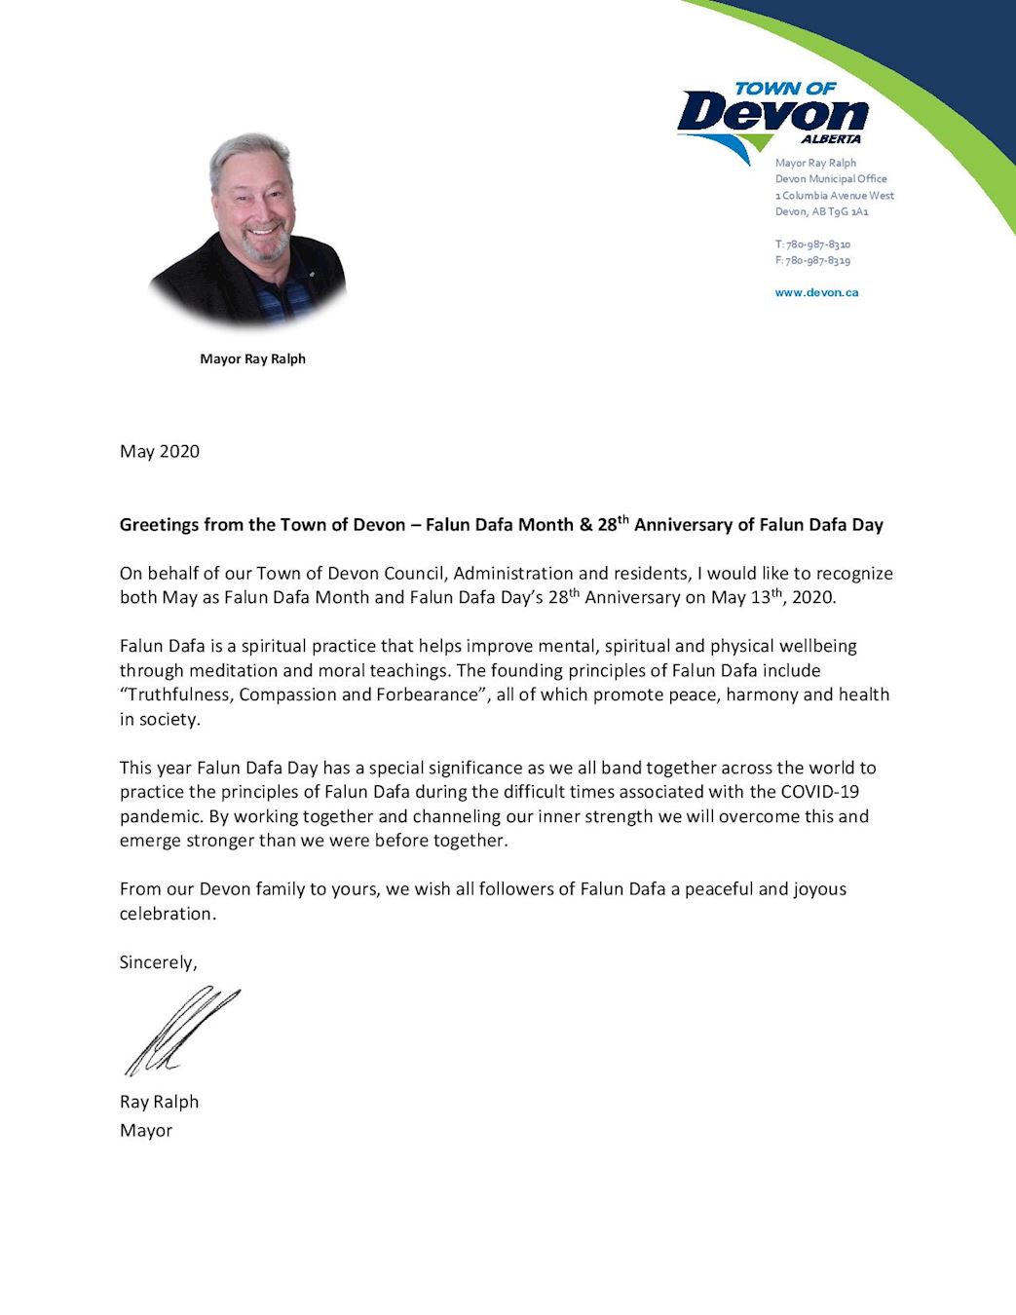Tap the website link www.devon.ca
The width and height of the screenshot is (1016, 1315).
(x=816, y=292)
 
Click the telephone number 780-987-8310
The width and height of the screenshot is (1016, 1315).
(x=817, y=244)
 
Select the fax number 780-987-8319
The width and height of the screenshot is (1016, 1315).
(x=817, y=261)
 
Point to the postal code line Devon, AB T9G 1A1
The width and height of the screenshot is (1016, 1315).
(x=821, y=211)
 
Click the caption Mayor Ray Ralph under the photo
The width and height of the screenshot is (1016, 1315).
(x=252, y=358)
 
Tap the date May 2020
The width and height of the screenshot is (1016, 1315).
(x=159, y=451)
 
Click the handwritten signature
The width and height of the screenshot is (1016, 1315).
(x=180, y=1031)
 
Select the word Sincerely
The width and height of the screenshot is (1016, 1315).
(x=157, y=962)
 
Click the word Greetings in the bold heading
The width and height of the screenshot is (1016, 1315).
(x=159, y=525)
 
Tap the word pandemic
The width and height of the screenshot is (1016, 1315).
(x=160, y=816)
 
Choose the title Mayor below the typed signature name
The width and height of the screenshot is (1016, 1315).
(x=146, y=1131)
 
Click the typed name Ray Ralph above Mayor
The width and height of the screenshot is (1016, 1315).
(x=159, y=1102)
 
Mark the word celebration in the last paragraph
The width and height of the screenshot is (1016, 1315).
(x=166, y=914)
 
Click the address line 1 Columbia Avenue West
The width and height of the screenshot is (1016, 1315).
(x=834, y=196)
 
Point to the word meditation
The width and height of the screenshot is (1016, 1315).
(x=235, y=670)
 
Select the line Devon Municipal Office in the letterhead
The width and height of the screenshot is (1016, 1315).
(x=831, y=179)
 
